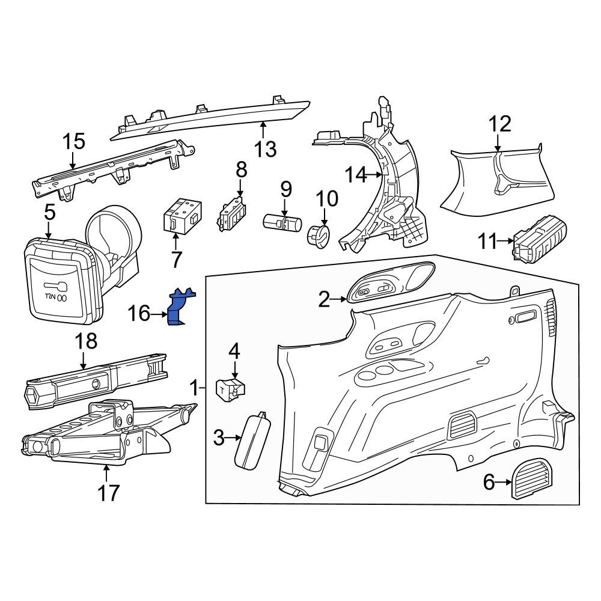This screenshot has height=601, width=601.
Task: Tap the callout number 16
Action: pos(139,313)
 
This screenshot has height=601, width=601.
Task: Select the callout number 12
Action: pos(499,124)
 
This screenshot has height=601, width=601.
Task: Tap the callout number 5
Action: pos(49,212)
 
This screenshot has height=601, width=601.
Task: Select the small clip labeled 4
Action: pos(231,388)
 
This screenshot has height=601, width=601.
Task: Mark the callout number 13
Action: pos(265,148)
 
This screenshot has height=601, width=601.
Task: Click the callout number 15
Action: pos(75,142)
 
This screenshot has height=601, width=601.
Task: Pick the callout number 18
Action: pos(85,341)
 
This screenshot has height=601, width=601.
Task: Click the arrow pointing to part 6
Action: pos(503,481)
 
